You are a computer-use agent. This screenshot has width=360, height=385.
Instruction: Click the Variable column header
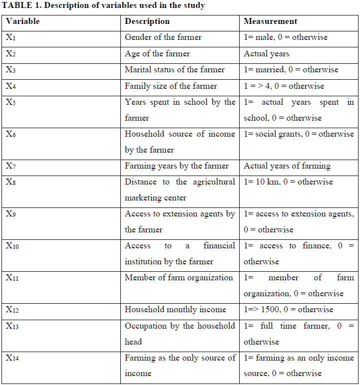(x=22, y=21)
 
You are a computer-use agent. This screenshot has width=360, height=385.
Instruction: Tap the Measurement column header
(x=270, y=21)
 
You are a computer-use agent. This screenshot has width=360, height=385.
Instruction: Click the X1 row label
(x=11, y=37)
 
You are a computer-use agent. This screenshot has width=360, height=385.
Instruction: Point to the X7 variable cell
(x=11, y=166)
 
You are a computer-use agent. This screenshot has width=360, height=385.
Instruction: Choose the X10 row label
(x=13, y=246)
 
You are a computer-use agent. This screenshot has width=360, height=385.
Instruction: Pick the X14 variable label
(x=13, y=358)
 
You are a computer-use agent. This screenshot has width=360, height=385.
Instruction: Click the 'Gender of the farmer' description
(x=163, y=37)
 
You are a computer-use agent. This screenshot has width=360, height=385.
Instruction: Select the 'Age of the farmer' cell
(x=157, y=53)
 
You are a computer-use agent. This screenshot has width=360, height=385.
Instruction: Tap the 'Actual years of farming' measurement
(x=287, y=166)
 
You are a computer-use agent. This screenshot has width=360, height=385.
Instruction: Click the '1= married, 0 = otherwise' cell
(x=291, y=69)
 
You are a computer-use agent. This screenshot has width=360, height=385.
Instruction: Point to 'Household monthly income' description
(x=175, y=310)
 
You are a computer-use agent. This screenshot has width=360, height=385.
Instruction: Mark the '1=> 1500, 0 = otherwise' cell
(x=288, y=310)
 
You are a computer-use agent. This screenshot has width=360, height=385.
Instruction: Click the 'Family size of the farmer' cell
(x=171, y=86)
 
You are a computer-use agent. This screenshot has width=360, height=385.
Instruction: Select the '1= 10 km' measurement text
(x=261, y=182)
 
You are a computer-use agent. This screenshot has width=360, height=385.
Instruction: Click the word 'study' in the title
(x=194, y=6)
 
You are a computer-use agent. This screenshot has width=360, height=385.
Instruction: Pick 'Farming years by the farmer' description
(x=177, y=166)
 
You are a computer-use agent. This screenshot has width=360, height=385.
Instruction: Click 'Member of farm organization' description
(x=179, y=278)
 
